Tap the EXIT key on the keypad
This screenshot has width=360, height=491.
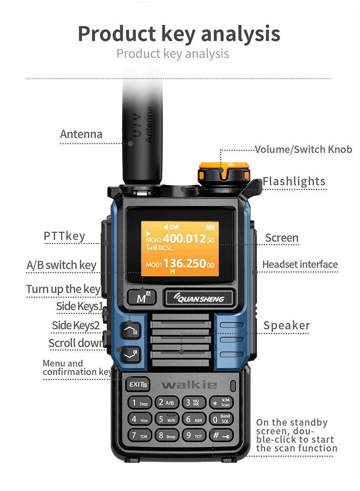click(137, 384)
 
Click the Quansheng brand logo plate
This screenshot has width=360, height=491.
click(199, 299)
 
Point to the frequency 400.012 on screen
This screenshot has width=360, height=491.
click(185, 238)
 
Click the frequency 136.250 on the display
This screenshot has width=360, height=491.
click(185, 264)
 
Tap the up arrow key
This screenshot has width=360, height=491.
click(130, 331)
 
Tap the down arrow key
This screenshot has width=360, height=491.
click(130, 353)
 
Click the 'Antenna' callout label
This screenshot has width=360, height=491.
click(81, 134)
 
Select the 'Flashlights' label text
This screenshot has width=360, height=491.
click(294, 181)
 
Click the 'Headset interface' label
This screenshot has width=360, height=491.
click(300, 264)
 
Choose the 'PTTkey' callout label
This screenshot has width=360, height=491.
click(64, 236)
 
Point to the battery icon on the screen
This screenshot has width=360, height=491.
click(210, 227)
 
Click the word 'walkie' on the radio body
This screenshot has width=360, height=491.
click(189, 385)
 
